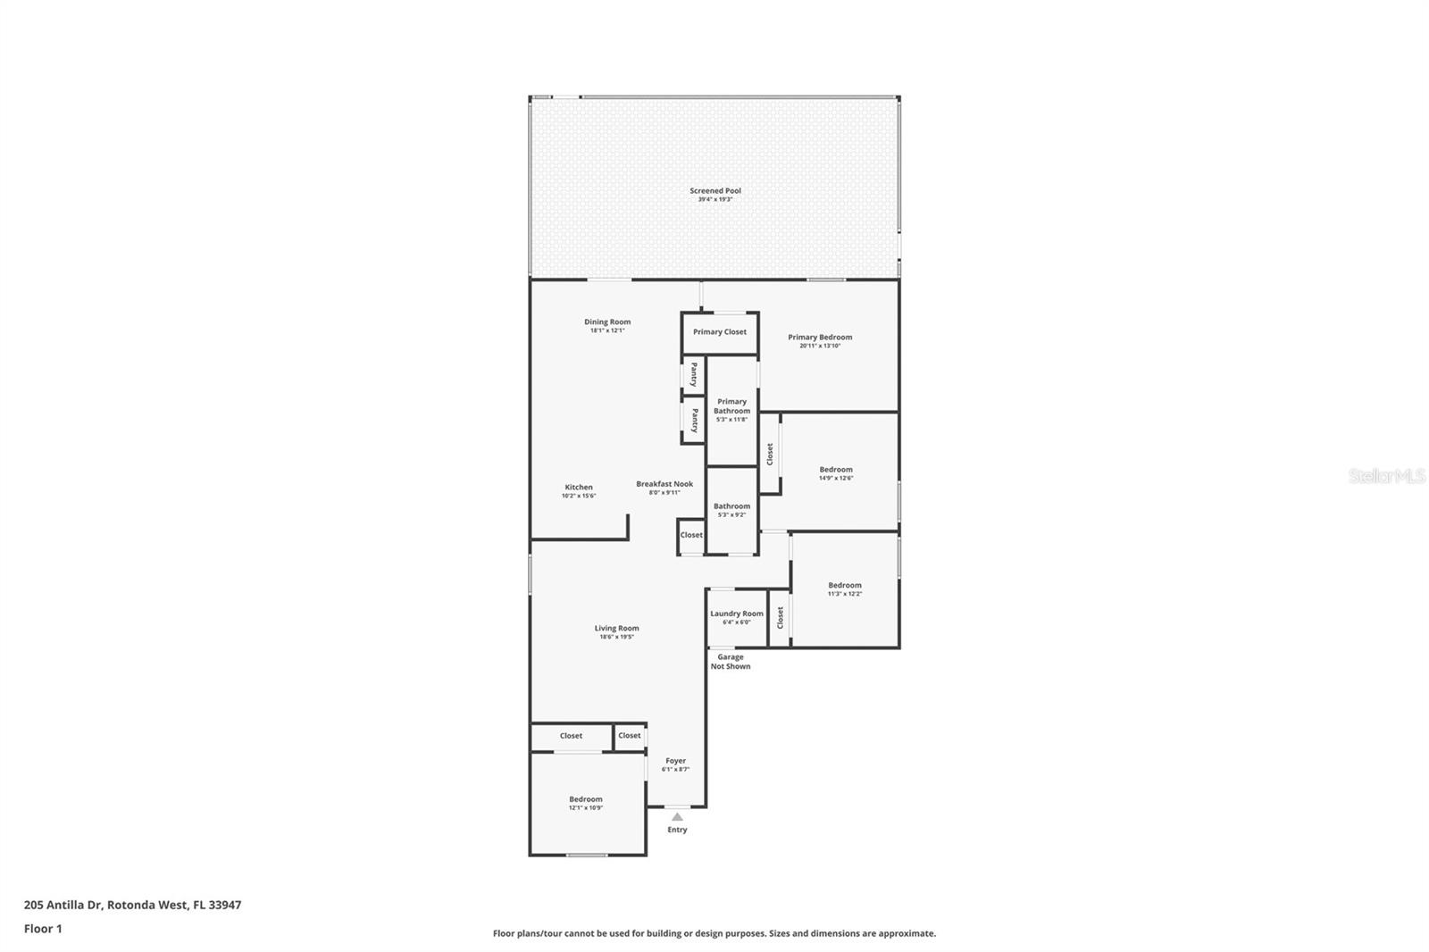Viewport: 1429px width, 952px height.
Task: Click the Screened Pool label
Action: point(715,191)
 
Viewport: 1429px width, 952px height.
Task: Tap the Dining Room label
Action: point(607,322)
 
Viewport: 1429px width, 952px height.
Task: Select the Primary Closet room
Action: point(720,333)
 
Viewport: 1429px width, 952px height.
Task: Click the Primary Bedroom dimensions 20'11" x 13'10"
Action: point(820,346)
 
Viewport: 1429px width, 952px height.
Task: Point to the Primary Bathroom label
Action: point(731,406)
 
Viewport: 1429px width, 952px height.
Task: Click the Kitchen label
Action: point(579,488)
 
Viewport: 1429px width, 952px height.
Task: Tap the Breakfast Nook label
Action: point(664,484)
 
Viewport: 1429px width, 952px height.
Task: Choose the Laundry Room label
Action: point(736,614)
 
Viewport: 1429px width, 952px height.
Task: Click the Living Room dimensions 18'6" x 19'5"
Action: point(616,637)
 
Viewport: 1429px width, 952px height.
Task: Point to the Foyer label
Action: point(675,761)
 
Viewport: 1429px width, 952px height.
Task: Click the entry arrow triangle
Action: point(677,817)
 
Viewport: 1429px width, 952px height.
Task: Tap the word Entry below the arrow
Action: point(677,831)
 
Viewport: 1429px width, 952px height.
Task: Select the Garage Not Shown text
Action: point(731,662)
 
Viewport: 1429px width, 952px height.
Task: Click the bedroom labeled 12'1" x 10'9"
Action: point(586,804)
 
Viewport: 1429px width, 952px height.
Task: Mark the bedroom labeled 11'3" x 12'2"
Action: point(845,589)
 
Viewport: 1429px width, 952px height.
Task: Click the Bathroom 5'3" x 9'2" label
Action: point(731,511)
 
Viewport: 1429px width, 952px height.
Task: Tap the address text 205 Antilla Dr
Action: point(63,905)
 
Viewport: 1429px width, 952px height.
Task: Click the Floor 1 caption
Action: point(43,929)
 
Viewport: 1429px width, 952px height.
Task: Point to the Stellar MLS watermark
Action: point(1387,476)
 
